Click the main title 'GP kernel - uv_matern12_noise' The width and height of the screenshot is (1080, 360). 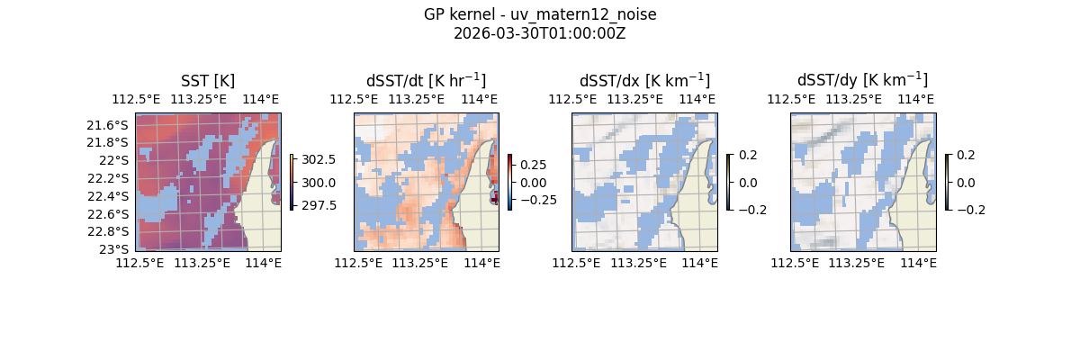click(x=539, y=14)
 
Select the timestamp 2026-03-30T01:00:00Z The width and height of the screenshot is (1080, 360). click(x=539, y=33)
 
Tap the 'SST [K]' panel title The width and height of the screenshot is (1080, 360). click(x=208, y=80)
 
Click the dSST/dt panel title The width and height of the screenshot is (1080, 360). click(x=426, y=80)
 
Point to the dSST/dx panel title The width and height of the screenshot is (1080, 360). click(x=644, y=80)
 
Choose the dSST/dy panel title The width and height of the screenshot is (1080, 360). click(x=862, y=80)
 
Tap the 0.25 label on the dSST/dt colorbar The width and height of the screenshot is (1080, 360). click(x=532, y=166)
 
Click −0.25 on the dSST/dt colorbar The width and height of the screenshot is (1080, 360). click(x=536, y=200)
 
